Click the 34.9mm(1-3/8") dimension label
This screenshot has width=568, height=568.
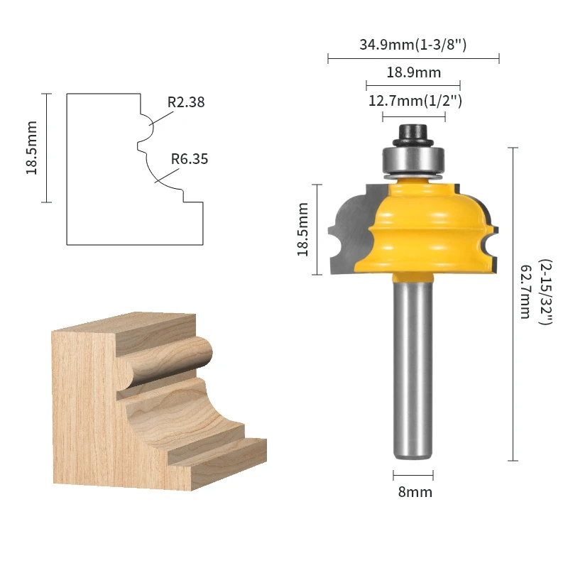[x=413, y=45]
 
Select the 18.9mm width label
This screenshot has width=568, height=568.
[x=414, y=72]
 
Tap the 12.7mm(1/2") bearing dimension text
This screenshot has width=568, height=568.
[x=415, y=101]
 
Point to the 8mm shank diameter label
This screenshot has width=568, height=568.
[x=415, y=492]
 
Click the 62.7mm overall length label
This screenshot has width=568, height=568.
[x=525, y=292]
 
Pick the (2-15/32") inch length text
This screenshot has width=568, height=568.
[x=545, y=292]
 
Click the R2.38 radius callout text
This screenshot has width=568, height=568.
[x=186, y=102]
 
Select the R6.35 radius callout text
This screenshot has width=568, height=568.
[x=190, y=159]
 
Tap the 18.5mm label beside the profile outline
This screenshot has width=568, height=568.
[x=31, y=148]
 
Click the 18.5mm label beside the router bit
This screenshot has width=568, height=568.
[x=302, y=229]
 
